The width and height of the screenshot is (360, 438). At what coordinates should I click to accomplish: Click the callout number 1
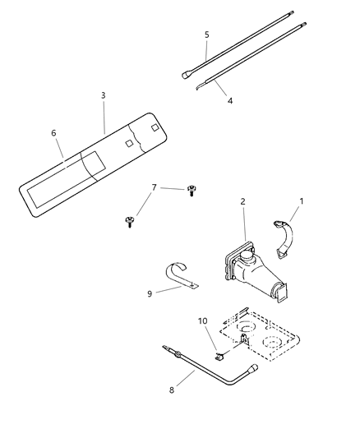301,200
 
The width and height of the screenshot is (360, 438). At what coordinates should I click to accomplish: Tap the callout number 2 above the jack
242,201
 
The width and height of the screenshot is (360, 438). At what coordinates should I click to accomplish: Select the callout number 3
103,95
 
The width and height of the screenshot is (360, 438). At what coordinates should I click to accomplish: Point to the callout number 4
230,100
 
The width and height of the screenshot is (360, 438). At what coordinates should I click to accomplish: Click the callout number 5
206,35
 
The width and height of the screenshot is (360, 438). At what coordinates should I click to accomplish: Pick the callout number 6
54,133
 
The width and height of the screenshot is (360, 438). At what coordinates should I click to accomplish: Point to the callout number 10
203,320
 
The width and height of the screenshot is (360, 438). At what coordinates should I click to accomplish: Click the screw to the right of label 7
191,190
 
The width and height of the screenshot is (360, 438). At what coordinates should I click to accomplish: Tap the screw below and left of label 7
129,219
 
